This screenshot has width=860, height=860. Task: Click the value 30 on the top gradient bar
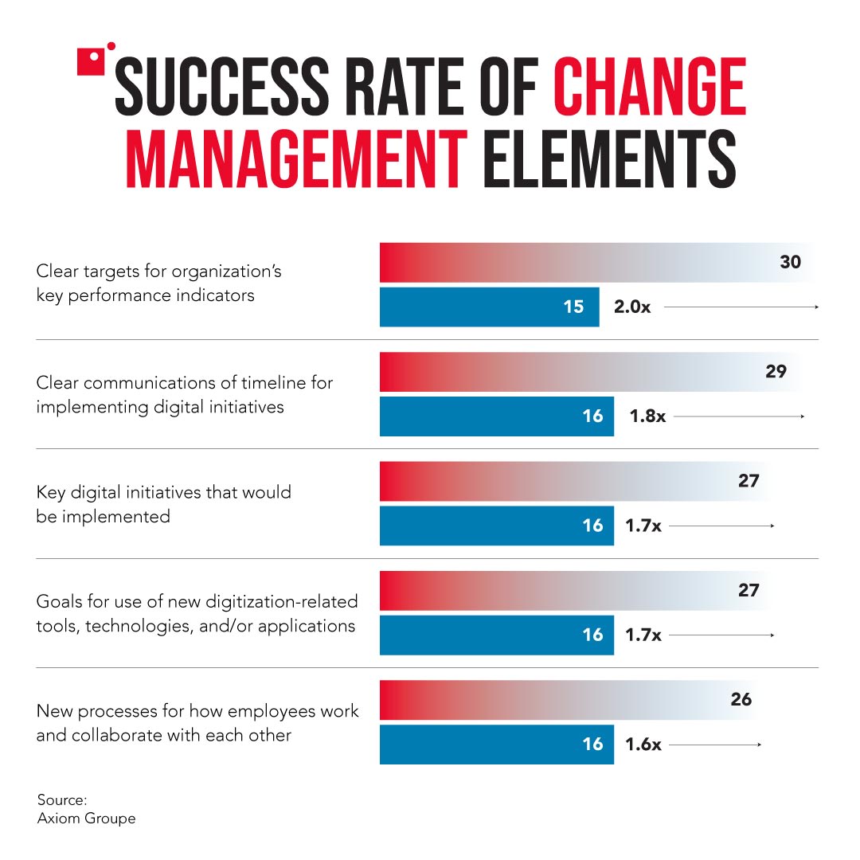tap(790, 262)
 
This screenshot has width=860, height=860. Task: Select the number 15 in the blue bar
tap(573, 307)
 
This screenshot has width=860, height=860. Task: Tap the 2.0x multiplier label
tap(632, 307)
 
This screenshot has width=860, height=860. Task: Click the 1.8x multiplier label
tap(647, 416)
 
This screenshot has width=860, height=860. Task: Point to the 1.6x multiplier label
tap(643, 745)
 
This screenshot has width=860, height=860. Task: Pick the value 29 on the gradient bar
tap(776, 372)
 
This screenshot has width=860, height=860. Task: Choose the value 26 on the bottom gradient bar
tap(741, 700)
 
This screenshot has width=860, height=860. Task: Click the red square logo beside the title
tap(93, 61)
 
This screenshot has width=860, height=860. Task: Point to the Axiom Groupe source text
tap(86, 819)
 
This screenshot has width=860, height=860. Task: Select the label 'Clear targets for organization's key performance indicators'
tap(158, 283)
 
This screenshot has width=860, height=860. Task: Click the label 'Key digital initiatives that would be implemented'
tap(163, 504)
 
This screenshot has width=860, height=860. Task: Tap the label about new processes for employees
tap(197, 723)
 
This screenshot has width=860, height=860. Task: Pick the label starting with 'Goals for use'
tap(197, 613)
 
